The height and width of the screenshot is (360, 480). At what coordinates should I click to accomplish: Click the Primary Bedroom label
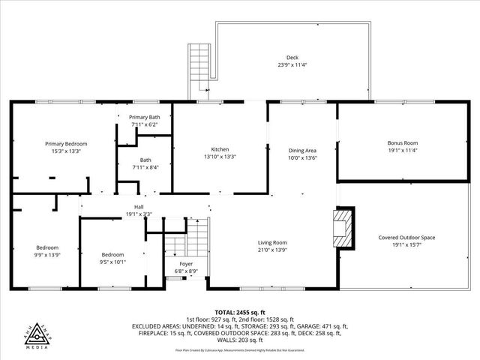click(66, 144)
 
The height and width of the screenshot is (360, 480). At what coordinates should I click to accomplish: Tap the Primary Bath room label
click(144, 118)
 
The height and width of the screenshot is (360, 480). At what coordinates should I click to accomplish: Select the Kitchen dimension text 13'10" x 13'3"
click(220, 157)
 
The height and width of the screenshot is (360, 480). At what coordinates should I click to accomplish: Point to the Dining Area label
click(303, 150)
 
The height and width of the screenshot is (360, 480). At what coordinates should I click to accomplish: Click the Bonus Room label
click(402, 142)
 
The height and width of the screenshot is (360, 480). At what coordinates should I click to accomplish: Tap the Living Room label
click(273, 242)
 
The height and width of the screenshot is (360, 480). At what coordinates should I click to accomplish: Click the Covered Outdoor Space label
click(406, 238)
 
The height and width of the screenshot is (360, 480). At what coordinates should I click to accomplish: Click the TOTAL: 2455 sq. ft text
click(239, 312)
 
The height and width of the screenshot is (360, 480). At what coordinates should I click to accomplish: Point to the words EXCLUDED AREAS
click(156, 326)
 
